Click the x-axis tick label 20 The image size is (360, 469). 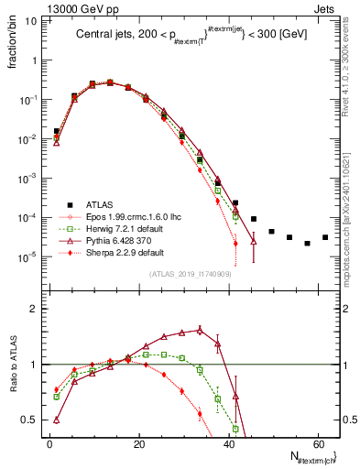[138, 442]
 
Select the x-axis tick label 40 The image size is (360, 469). [227, 442]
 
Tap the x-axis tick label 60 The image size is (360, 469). [316, 442]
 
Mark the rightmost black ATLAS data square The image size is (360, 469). [325, 237]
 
